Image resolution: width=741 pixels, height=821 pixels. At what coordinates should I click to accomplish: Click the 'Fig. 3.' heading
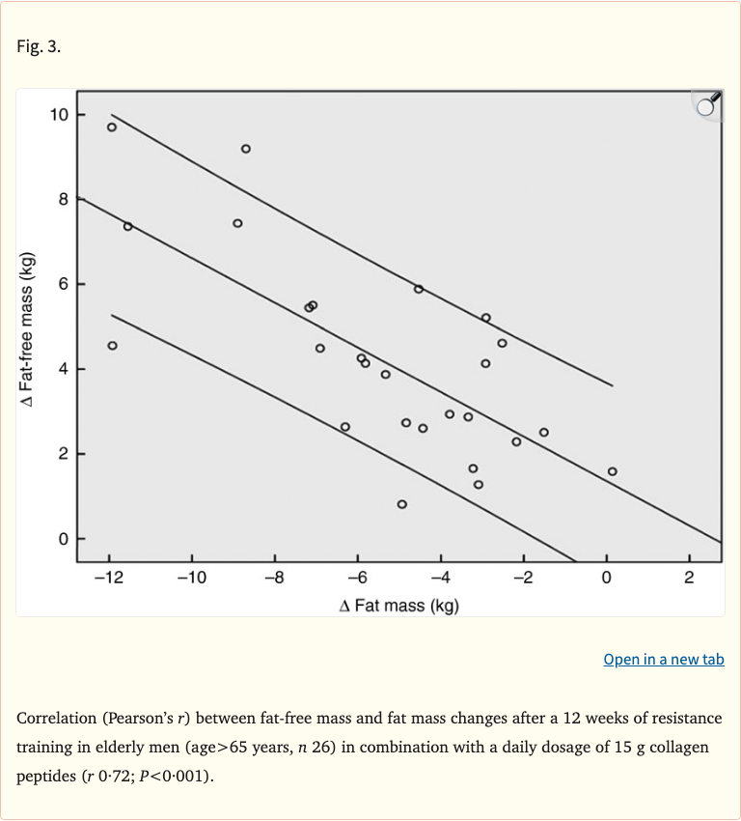coord(39,46)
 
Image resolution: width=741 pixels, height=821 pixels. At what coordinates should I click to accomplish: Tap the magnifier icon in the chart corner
coord(707,105)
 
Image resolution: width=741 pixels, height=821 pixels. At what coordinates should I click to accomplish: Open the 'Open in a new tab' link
coord(663,659)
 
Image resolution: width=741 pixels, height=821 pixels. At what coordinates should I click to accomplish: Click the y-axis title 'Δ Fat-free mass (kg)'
coord(30,329)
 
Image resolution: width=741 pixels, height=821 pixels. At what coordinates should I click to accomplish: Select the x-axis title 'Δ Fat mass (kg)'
coord(398,606)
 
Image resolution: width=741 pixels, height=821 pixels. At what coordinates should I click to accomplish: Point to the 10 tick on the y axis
coord(60,115)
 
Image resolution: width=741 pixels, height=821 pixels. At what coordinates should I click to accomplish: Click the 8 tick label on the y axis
coord(64,200)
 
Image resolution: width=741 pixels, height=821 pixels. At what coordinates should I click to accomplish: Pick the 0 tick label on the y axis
coord(64,539)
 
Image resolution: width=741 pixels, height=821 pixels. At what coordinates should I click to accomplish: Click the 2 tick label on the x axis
coord(689,578)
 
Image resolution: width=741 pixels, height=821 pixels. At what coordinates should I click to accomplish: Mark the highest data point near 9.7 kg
coord(112,127)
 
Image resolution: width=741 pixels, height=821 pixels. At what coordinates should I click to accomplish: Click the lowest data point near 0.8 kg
coord(402,504)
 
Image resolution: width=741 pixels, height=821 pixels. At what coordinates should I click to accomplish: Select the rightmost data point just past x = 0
coord(613,471)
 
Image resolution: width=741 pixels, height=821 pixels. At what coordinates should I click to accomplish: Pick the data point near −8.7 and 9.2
coord(246,149)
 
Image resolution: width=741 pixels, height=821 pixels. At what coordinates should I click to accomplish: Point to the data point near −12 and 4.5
coord(113,346)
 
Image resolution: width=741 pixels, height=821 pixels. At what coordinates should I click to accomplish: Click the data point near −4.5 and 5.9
coord(419,289)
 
